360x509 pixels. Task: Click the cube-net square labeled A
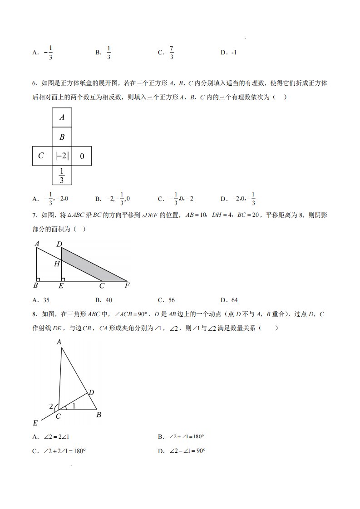pyautogui.click(x=62, y=117)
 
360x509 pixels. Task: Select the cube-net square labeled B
pyautogui.click(x=62, y=137)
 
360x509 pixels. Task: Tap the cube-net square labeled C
pyautogui.click(x=42, y=156)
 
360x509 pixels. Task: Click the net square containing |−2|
pyautogui.click(x=62, y=156)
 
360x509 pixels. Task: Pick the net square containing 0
pyautogui.click(x=82, y=156)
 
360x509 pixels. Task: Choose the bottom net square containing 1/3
pyautogui.click(x=62, y=175)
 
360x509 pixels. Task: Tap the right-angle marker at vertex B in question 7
pyautogui.click(x=39, y=279)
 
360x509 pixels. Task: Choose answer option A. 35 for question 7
pyautogui.click(x=41, y=300)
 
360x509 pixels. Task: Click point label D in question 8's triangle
pyautogui.click(x=91, y=392)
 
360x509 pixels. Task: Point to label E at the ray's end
pyautogui.click(x=35, y=423)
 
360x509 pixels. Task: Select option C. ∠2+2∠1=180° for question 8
pyautogui.click(x=59, y=451)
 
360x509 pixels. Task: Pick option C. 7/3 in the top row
pyautogui.click(x=166, y=53)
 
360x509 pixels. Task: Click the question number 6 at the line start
pyautogui.click(x=35, y=83)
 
